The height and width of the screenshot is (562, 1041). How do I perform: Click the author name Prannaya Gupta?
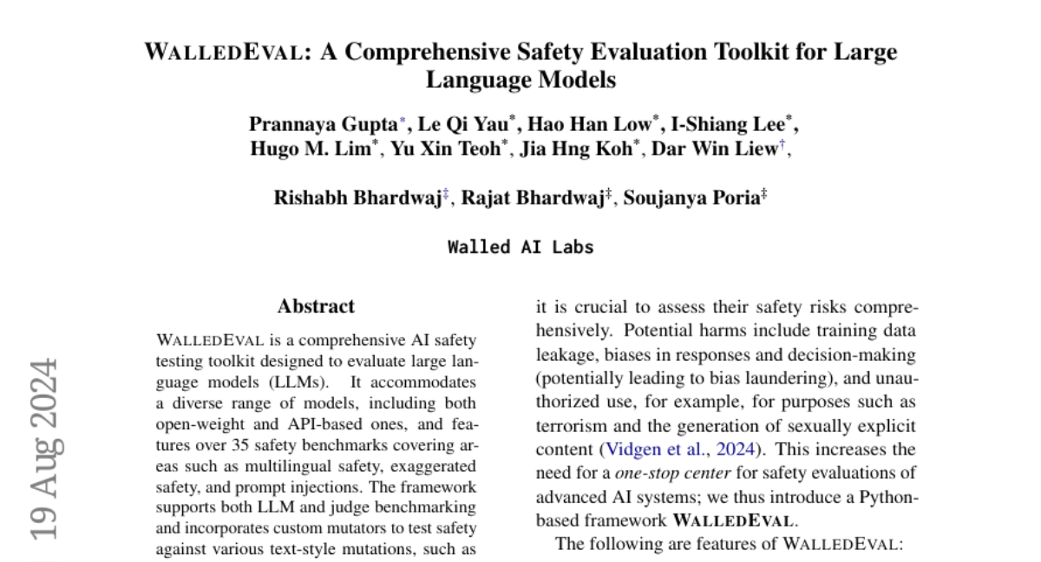[323, 124]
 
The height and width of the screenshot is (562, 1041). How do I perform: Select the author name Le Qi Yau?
[463, 124]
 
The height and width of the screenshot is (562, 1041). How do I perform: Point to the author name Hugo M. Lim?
[311, 149]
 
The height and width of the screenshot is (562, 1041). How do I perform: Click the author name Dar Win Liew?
[715, 149]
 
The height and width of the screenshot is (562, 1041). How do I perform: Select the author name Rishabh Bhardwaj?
[357, 198]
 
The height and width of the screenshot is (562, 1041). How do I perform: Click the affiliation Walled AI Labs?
[520, 246]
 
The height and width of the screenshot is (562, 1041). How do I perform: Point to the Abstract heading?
[316, 306]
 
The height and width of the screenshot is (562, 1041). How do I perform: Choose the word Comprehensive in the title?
[411, 52]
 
